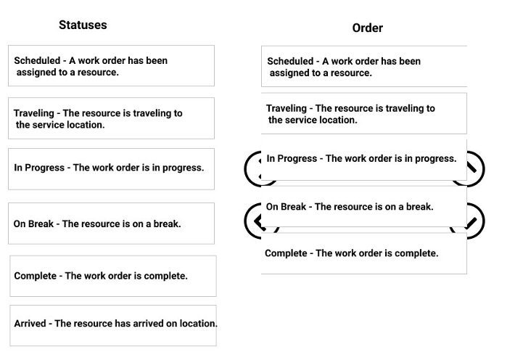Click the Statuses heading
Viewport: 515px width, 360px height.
click(x=83, y=25)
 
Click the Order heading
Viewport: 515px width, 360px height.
click(x=368, y=28)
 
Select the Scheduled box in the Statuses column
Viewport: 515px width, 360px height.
click(x=112, y=66)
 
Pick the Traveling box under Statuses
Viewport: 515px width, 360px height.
click(x=112, y=118)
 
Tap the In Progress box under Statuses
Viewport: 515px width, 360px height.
click(x=112, y=169)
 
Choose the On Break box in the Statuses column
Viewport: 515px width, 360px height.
click(x=112, y=224)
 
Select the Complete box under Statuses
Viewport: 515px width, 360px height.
click(x=113, y=276)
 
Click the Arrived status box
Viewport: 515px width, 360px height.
click(x=113, y=325)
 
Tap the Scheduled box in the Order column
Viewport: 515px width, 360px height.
click(x=364, y=66)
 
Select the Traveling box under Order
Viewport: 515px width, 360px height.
click(x=364, y=113)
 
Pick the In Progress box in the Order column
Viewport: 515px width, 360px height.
click(x=364, y=160)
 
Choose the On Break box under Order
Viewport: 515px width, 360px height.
click(x=364, y=207)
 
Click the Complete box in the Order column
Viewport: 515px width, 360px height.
click(x=364, y=253)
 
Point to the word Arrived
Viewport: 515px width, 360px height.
click(x=30, y=324)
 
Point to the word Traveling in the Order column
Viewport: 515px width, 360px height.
click(x=287, y=108)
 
